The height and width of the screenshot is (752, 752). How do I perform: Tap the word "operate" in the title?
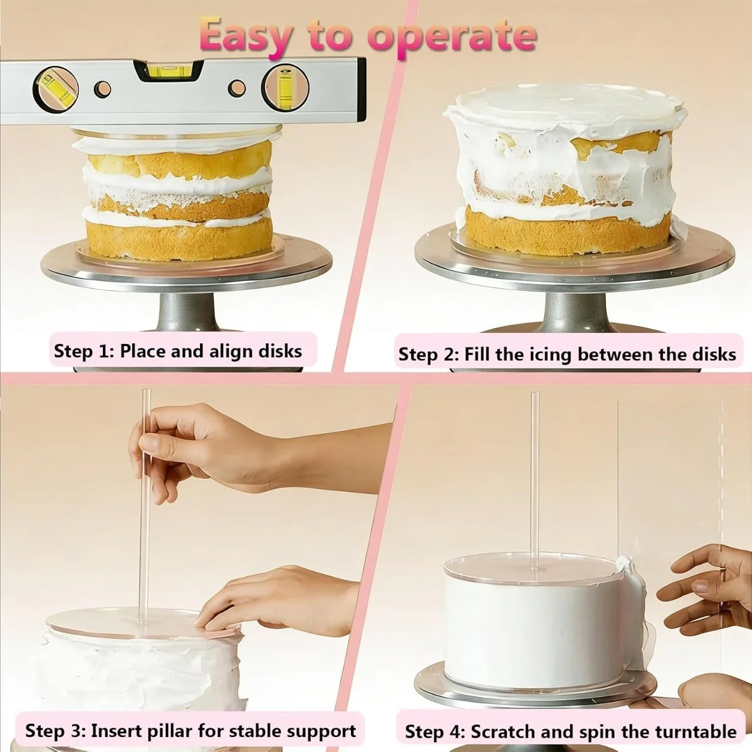tap(452, 39)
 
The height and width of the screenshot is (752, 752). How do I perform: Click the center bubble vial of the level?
tap(168, 71)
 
